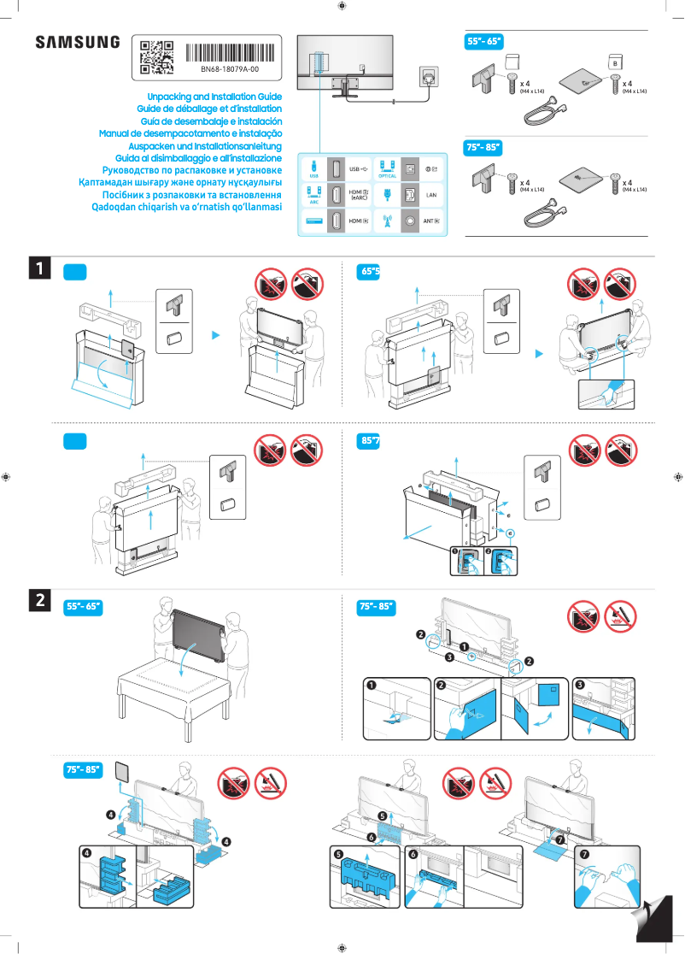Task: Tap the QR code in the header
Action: (156, 56)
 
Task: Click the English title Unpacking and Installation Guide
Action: (214, 97)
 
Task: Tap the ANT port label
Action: (430, 221)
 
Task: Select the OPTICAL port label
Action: (387, 176)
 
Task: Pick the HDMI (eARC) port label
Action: (360, 195)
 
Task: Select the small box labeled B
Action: (614, 62)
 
